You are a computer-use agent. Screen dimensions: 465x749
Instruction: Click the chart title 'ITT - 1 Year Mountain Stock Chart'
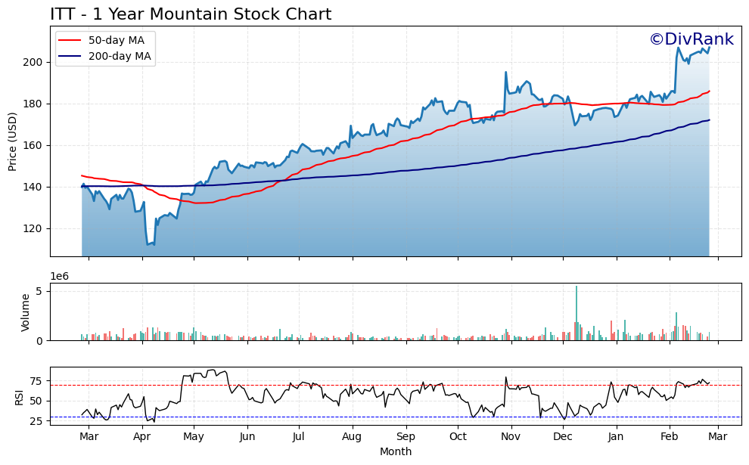click(191, 14)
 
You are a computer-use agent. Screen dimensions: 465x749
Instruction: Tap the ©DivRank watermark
click(691, 40)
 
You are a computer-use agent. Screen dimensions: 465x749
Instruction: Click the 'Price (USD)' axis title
click(13, 141)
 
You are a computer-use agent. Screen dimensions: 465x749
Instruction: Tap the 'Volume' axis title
click(26, 312)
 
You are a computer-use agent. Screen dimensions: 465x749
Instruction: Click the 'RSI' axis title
click(20, 397)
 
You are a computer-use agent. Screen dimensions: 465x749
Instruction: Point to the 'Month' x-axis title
click(396, 452)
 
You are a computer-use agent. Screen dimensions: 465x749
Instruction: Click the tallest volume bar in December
click(577, 313)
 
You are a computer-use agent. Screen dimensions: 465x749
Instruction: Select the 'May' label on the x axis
click(194, 437)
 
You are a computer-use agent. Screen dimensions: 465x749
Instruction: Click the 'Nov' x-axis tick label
click(511, 437)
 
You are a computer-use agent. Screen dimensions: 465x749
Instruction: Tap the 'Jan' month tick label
click(616, 437)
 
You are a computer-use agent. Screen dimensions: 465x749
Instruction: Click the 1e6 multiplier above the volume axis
click(60, 277)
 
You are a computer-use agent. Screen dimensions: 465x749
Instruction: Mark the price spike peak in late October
click(505, 73)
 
